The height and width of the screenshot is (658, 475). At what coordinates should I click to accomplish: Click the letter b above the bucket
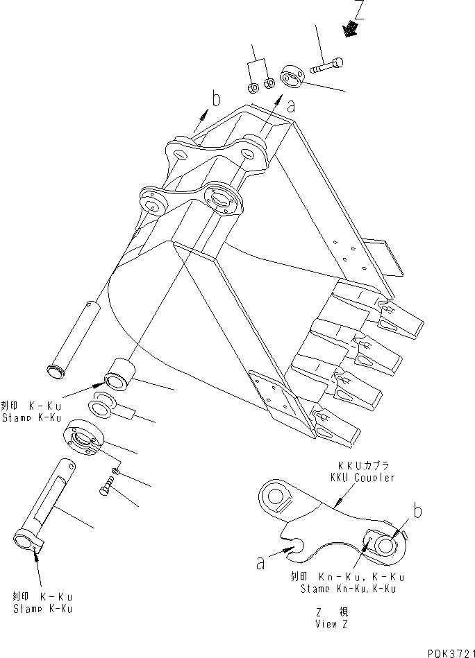point(217,99)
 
